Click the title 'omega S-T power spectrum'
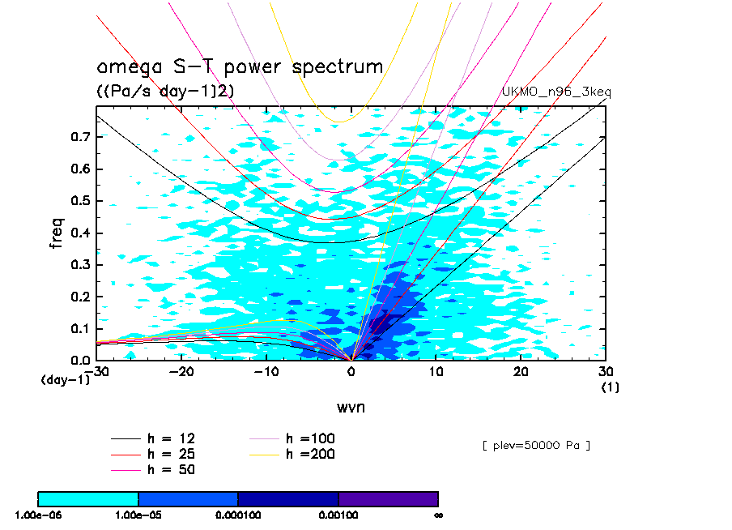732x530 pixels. pyautogui.click(x=240, y=66)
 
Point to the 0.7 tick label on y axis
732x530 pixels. pyautogui.click(x=80, y=138)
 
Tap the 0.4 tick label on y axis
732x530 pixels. pyautogui.click(x=80, y=233)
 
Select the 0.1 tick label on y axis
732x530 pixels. pyautogui.click(x=80, y=329)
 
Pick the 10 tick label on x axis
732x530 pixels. pyautogui.click(x=436, y=371)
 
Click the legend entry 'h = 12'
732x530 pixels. pyautogui.click(x=171, y=438)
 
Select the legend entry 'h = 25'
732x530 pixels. pyautogui.click(x=171, y=454)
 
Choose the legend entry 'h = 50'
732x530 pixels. pyautogui.click(x=171, y=469)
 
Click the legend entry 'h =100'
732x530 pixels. pyautogui.click(x=310, y=438)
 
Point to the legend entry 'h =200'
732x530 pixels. pyautogui.click(x=310, y=454)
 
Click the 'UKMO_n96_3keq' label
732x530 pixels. pyautogui.click(x=557, y=92)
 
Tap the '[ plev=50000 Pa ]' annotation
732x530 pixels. pyautogui.click(x=534, y=445)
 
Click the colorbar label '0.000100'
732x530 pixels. pyautogui.click(x=238, y=515)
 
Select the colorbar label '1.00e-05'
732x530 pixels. pyautogui.click(x=138, y=515)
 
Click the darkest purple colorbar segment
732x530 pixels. pyautogui.click(x=388, y=498)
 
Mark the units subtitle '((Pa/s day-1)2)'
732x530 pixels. pyautogui.click(x=165, y=92)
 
